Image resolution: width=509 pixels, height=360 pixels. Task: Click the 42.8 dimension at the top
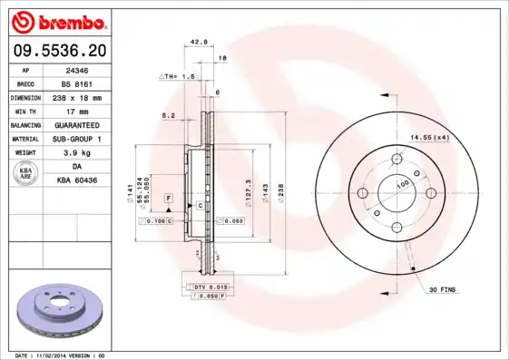(x=199, y=42)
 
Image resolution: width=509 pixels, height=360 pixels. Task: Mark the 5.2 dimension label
(x=168, y=115)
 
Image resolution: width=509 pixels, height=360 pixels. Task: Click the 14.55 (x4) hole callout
(x=429, y=137)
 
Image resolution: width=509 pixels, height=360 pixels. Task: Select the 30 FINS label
(x=443, y=289)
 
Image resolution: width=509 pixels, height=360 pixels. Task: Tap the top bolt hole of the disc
(x=396, y=160)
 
